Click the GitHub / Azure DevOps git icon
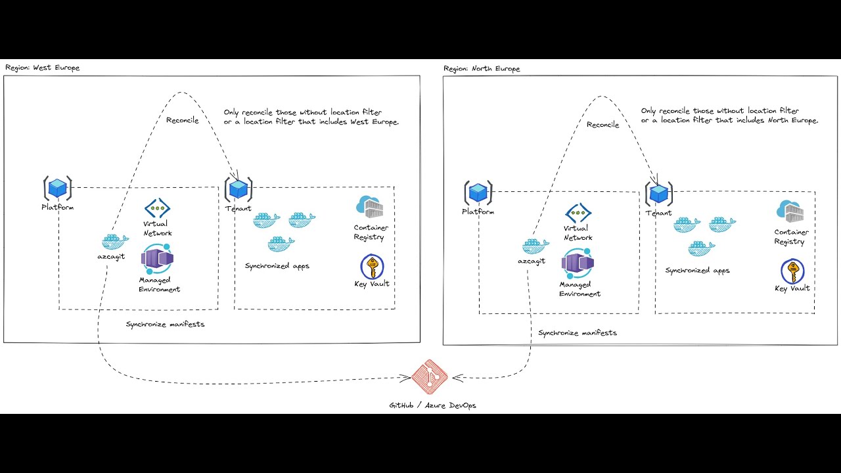tap(430, 377)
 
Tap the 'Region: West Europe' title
tap(42, 68)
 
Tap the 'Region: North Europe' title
tap(482, 69)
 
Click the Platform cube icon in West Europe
tap(58, 189)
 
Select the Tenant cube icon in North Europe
tap(659, 194)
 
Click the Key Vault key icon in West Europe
tap(372, 268)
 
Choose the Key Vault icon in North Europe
tap(792, 272)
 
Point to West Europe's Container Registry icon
tap(369, 208)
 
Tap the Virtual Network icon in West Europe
tap(158, 209)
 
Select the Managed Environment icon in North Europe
tap(578, 264)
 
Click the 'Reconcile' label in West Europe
tap(182, 120)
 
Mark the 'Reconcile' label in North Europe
tap(602, 125)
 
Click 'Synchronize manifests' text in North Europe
tap(578, 333)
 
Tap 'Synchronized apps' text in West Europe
tap(277, 266)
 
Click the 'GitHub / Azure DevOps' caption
tap(432, 405)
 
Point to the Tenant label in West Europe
tap(238, 208)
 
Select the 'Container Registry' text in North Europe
tap(792, 236)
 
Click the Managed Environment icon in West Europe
tap(157, 259)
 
